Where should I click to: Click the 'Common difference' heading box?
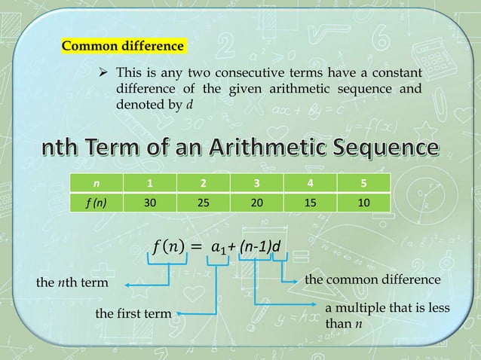tap(122, 46)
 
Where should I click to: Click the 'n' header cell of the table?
tap(95, 183)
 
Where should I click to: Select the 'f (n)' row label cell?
tap(95, 202)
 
